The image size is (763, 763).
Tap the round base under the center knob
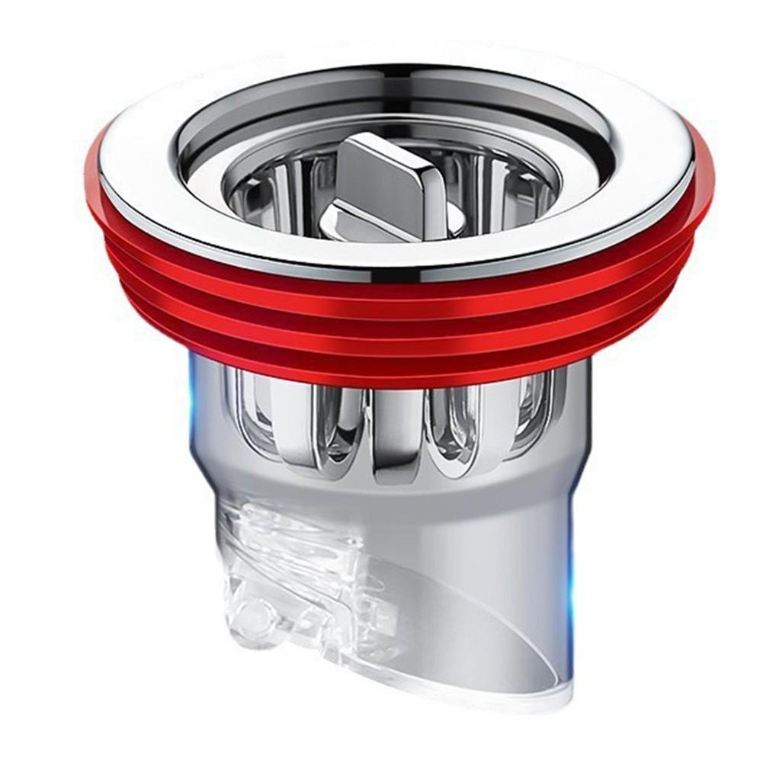point(358,222)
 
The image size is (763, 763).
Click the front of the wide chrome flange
point(396,255)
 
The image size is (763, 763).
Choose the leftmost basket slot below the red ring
point(255,412)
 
